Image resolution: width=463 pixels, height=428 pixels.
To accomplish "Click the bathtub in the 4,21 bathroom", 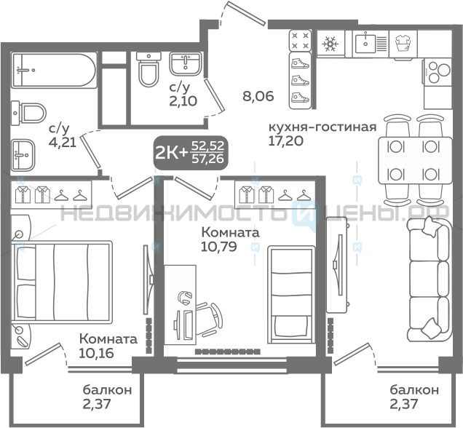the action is point(54,70).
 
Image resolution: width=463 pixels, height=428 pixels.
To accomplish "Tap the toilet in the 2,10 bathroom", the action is point(149,69).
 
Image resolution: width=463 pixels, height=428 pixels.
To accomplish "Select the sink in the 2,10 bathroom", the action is point(185,64).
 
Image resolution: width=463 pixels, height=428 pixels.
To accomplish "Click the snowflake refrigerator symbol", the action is point(331,44).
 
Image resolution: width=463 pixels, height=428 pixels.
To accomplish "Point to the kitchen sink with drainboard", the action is point(371,44).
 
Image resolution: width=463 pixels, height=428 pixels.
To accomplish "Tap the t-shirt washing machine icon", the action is point(403,44).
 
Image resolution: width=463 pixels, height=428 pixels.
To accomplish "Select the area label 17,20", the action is point(285,140).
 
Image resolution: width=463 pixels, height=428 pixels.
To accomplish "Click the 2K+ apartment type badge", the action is point(191,153).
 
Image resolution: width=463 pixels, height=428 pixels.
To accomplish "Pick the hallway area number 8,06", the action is point(258,96).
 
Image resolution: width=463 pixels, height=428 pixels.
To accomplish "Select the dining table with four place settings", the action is point(415,160).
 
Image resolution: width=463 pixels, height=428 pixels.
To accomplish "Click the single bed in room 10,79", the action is point(290,295).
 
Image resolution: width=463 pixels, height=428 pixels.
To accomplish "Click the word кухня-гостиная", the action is point(322,127).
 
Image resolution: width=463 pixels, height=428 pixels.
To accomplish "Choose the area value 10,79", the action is point(219,247).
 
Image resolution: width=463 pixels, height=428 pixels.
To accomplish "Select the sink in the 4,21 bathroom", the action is point(23,155).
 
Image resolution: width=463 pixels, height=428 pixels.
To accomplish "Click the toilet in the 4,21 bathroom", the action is point(29,113).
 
